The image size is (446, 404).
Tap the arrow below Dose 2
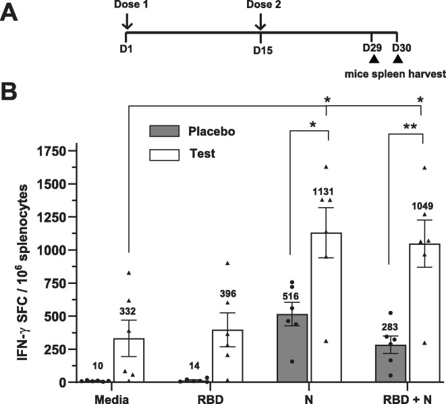coord(260,24)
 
